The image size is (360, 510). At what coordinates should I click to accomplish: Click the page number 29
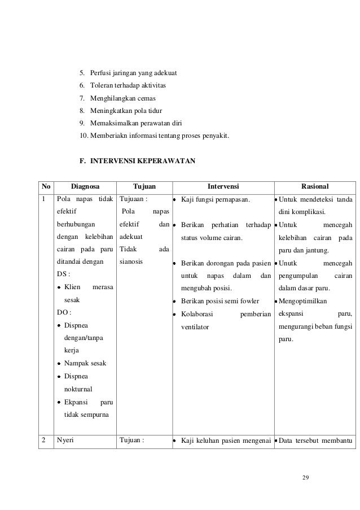[305, 479]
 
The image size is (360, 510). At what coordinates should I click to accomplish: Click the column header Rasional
[316, 186]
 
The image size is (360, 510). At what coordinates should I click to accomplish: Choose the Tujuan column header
[144, 186]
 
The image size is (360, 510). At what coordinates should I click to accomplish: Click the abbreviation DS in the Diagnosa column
[64, 274]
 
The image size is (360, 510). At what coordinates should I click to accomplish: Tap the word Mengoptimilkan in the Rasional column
[304, 301]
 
